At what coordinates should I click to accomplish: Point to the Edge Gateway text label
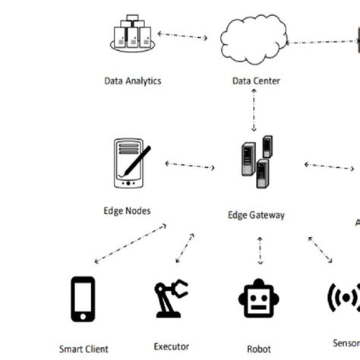pyautogui.click(x=257, y=215)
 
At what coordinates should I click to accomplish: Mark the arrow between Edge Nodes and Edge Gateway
pyautogui.click(x=190, y=165)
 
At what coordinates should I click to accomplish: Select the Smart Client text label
pyautogui.click(x=84, y=349)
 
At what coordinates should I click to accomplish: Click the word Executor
pyautogui.click(x=171, y=346)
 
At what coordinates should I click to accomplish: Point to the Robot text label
pyautogui.click(x=258, y=349)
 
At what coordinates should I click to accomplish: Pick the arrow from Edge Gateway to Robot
pyautogui.click(x=260, y=252)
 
